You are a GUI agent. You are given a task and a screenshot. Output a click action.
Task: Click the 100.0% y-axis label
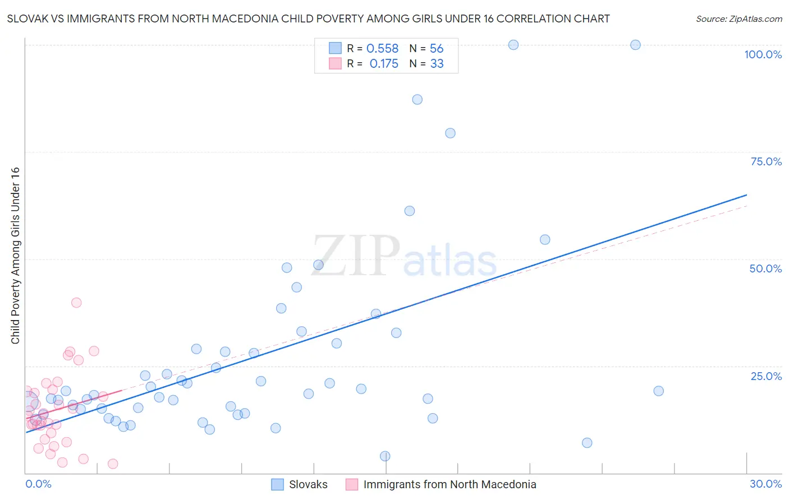coord(763,54)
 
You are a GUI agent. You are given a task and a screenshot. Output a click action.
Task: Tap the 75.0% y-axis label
coord(766,161)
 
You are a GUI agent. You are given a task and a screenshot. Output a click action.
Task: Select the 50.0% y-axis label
coord(765,268)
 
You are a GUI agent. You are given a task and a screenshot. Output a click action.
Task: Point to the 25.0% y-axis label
coord(766,376)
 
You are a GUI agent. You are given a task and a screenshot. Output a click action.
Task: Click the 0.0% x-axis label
coord(38,484)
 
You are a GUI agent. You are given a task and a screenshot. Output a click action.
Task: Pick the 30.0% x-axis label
coord(765,484)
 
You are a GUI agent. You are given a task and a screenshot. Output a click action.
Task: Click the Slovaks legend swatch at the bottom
coord(277,484)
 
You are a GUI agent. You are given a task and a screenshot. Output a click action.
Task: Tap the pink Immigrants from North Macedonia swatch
coord(352,484)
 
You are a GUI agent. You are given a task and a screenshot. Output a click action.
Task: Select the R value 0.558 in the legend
coord(382,49)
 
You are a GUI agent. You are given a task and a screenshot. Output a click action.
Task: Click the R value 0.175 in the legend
coord(384,64)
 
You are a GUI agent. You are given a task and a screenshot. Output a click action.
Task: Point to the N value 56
coord(437,49)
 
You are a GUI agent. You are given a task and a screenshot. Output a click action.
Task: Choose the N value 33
coord(437,64)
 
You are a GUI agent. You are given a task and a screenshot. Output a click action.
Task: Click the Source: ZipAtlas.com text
coord(738,19)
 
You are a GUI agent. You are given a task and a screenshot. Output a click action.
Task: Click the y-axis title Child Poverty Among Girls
coord(15,255)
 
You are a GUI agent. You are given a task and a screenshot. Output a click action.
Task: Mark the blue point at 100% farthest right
coord(635,45)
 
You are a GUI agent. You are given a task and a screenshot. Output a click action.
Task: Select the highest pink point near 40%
coord(76,303)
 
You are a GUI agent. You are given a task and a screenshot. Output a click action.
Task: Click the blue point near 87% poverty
coord(417,100)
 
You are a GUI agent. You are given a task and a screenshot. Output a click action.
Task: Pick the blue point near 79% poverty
coord(450,133)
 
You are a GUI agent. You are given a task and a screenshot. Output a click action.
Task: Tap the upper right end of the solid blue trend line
coord(746,195)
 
